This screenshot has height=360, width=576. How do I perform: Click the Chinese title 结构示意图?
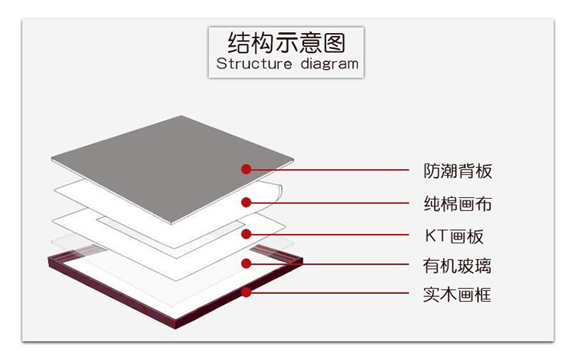coord(286,42)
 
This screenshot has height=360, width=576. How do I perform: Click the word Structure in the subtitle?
coord(254,64)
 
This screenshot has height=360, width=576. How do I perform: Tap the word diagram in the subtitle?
coord(329,64)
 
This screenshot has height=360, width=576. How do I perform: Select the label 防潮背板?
coord(458,171)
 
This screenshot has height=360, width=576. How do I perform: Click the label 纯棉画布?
coord(458,203)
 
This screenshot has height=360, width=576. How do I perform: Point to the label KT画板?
coord(454,236)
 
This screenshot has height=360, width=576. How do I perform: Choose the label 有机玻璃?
coord(457,266)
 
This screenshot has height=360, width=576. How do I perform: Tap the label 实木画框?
coord(457,295)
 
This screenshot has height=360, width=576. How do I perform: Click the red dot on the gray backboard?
coord(246,169)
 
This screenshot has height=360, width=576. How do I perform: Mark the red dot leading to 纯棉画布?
coord(246,202)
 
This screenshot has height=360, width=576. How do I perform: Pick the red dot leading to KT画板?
coord(246,234)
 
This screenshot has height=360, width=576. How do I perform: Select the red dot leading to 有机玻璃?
coord(246,263)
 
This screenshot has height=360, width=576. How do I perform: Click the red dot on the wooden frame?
coord(246,292)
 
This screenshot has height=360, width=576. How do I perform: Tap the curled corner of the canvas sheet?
coord(275,190)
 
